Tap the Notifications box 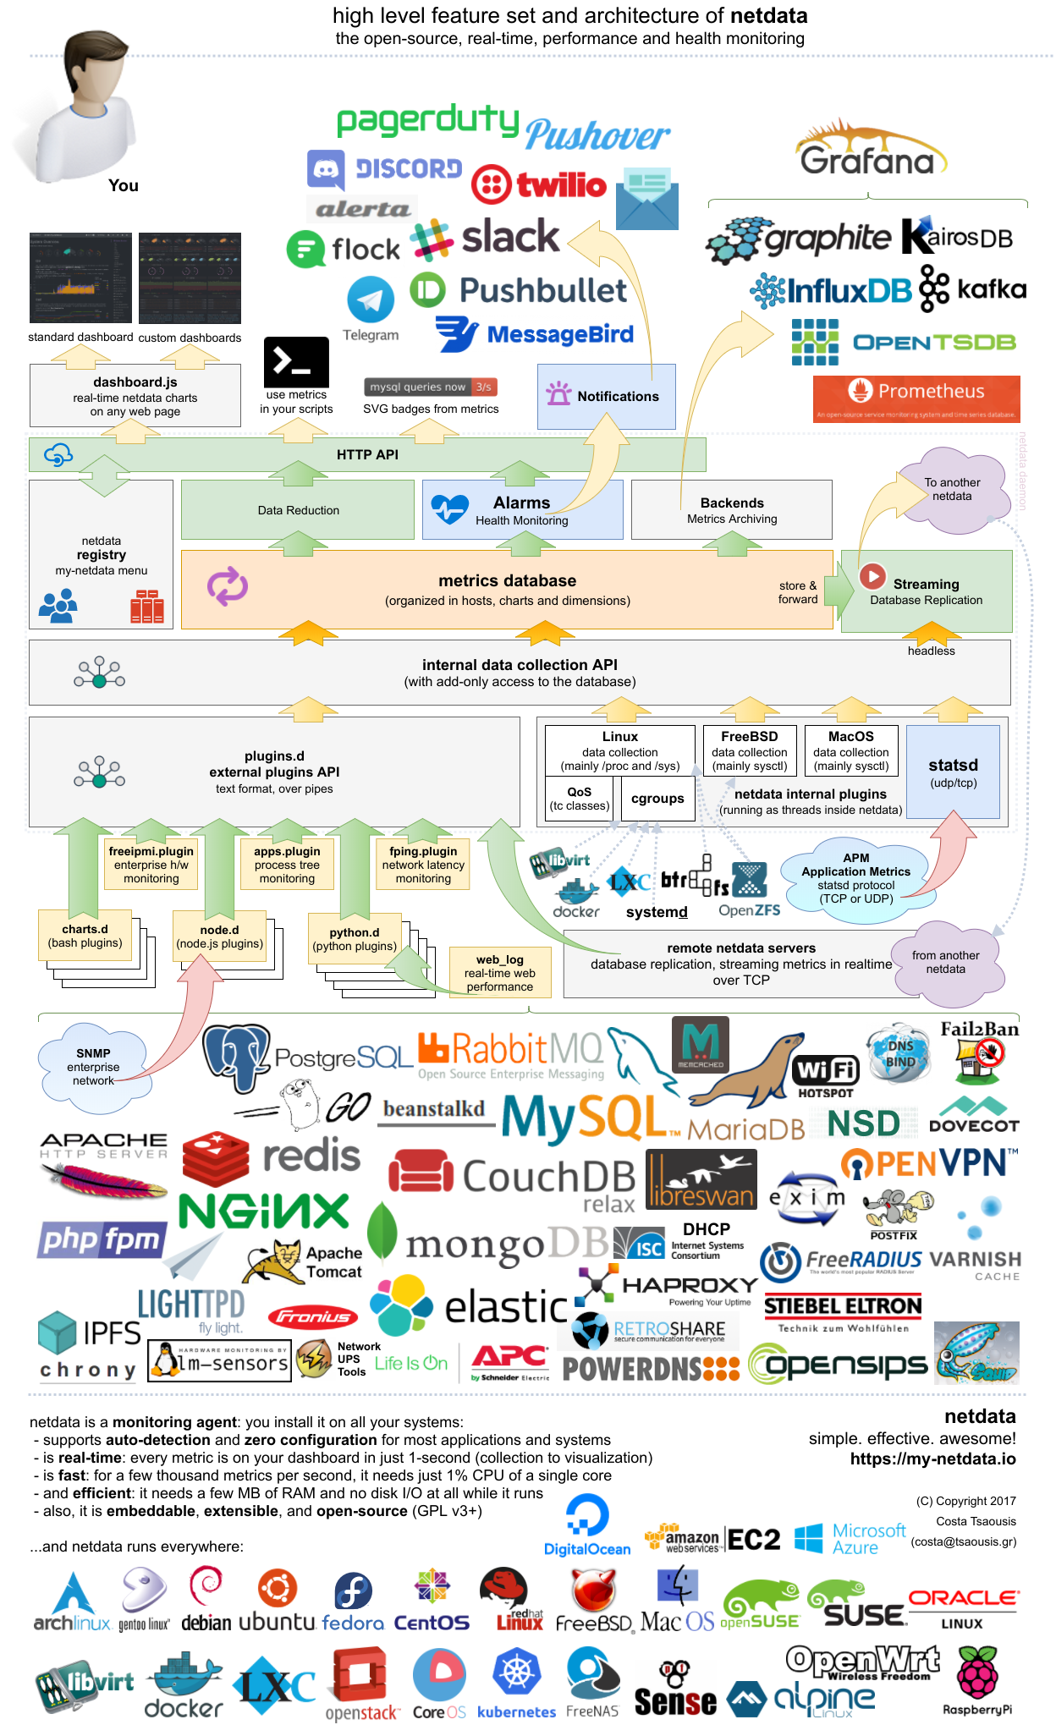point(606,396)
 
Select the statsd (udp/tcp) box point(953,771)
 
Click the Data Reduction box point(298,510)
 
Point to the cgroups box point(657,799)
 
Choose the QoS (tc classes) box point(579,799)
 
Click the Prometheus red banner point(916,398)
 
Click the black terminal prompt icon point(296,362)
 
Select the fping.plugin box point(423,865)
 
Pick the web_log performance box point(499,972)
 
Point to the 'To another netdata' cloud point(953,490)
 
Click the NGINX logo point(264,1211)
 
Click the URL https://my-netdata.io point(932,1459)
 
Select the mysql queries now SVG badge point(431,387)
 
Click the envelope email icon point(647,200)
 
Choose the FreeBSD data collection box point(749,750)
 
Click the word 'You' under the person point(124,185)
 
